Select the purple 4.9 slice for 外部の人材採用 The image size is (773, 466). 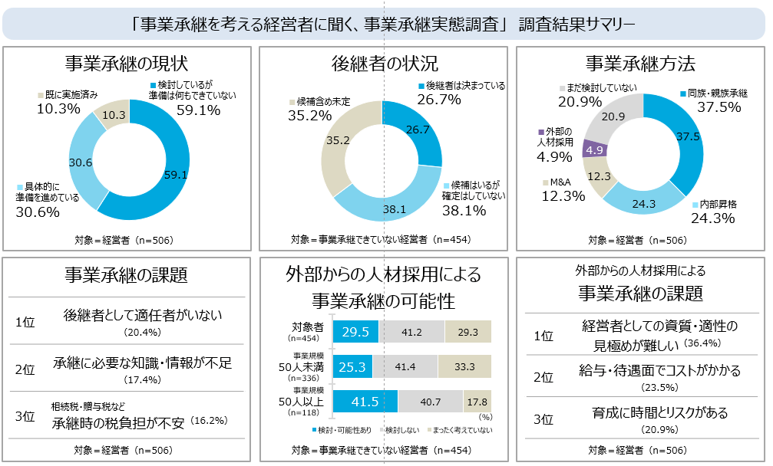594,150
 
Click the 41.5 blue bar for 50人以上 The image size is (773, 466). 365,401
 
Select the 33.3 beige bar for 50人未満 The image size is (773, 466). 465,366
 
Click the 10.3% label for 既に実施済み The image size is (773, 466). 58,109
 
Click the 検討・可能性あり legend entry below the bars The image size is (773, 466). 344,430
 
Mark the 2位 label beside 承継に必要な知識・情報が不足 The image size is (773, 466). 25,369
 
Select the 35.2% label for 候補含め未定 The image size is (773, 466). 310,116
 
